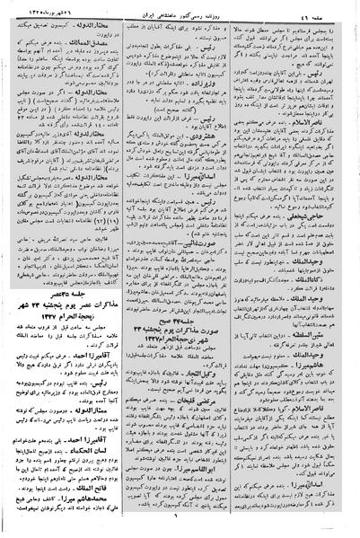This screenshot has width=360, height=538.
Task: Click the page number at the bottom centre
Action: (x=180, y=529)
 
